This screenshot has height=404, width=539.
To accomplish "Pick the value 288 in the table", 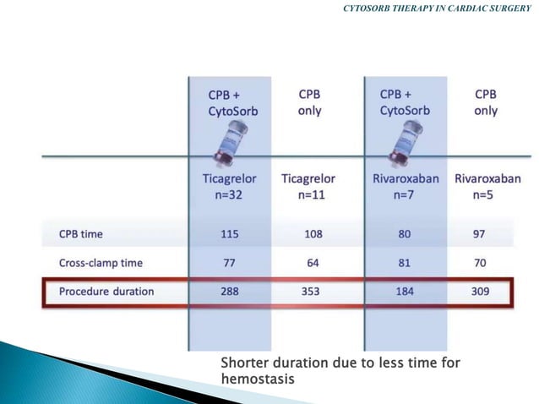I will point(228,292).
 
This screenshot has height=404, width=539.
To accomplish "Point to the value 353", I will point(313,292).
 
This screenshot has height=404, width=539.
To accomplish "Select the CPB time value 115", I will point(228,232).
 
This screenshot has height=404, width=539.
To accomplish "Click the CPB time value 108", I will point(313,232).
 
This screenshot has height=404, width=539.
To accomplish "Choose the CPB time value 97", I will point(479,232).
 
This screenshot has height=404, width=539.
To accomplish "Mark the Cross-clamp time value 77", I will point(228,263).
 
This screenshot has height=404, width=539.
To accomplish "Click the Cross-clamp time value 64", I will point(313,263).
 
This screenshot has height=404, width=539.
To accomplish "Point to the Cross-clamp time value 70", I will point(479,263).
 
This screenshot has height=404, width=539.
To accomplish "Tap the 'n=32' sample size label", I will point(230,194).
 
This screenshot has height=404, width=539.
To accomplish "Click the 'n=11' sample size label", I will point(313,194).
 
